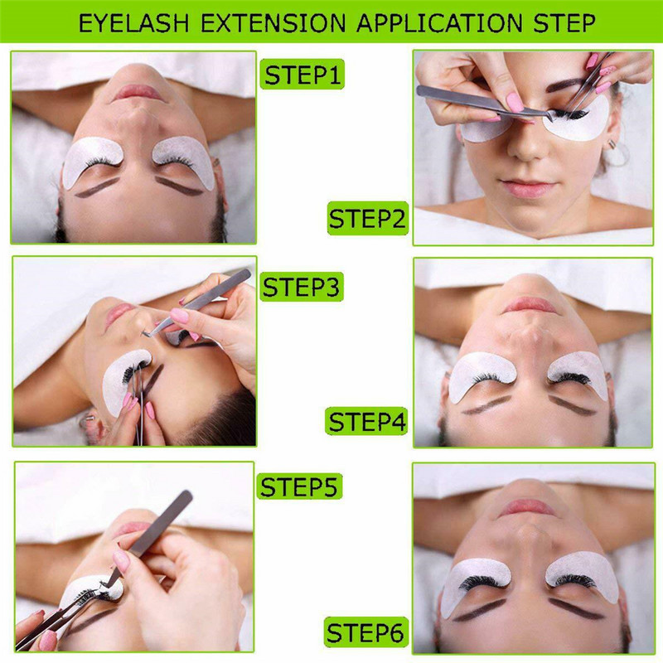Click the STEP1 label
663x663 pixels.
tap(302, 75)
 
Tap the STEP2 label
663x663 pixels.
tap(367, 219)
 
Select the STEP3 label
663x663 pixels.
tap(301, 287)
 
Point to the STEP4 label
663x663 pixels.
tap(366, 422)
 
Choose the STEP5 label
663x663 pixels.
tap(299, 486)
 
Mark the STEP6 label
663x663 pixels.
tap(366, 632)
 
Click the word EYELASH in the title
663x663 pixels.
tap(134, 23)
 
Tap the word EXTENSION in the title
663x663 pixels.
tap(273, 23)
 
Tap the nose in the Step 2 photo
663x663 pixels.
tap(525, 146)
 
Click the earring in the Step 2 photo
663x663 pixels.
tap(612, 144)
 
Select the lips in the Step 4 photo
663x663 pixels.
tap(530, 305)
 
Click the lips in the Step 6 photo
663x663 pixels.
tap(527, 508)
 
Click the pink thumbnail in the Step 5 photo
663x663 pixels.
tap(121, 559)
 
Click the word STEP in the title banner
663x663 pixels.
tap(564, 23)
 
